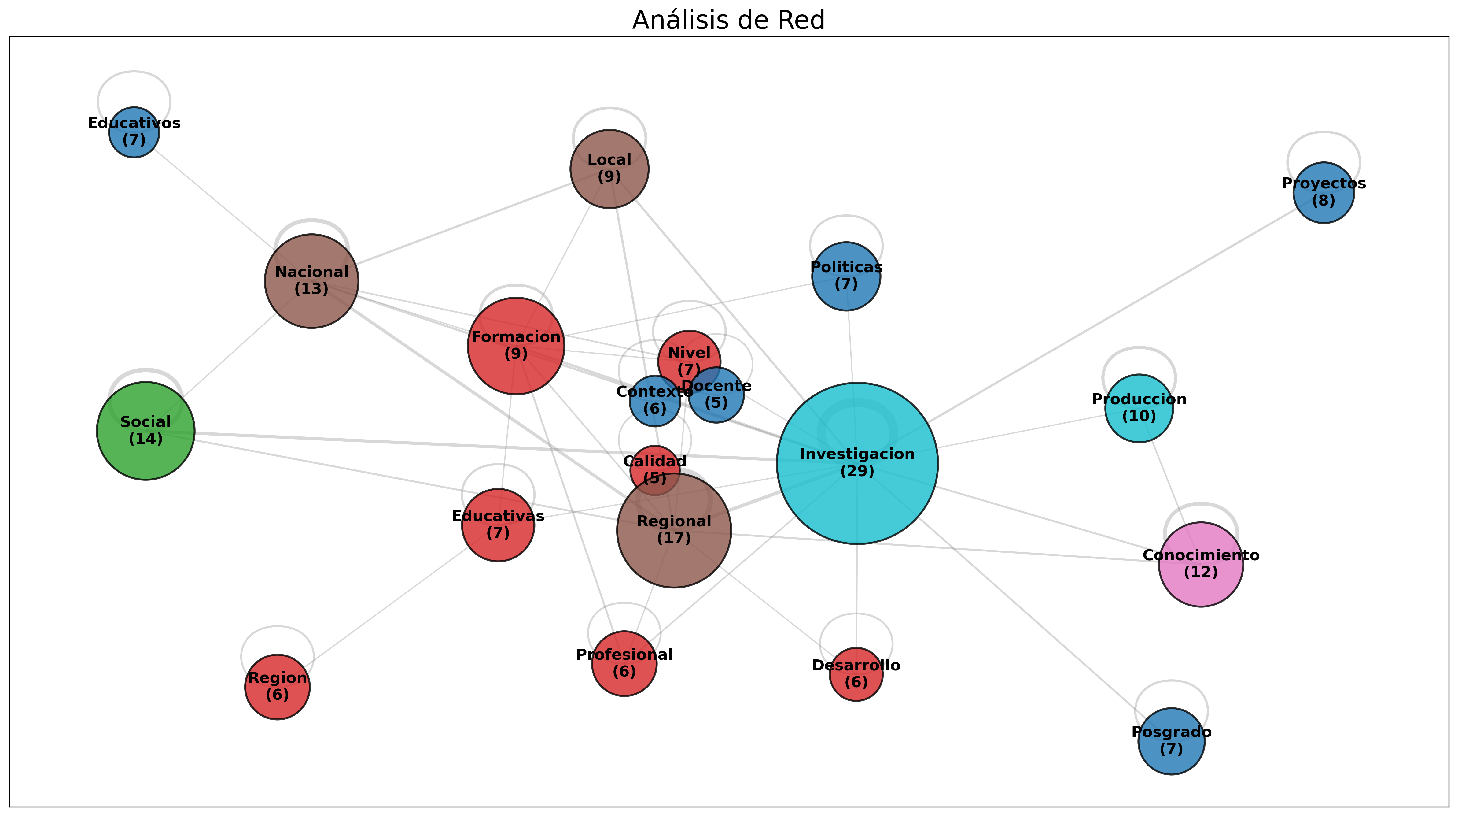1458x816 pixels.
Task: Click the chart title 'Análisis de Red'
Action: [728, 20]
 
